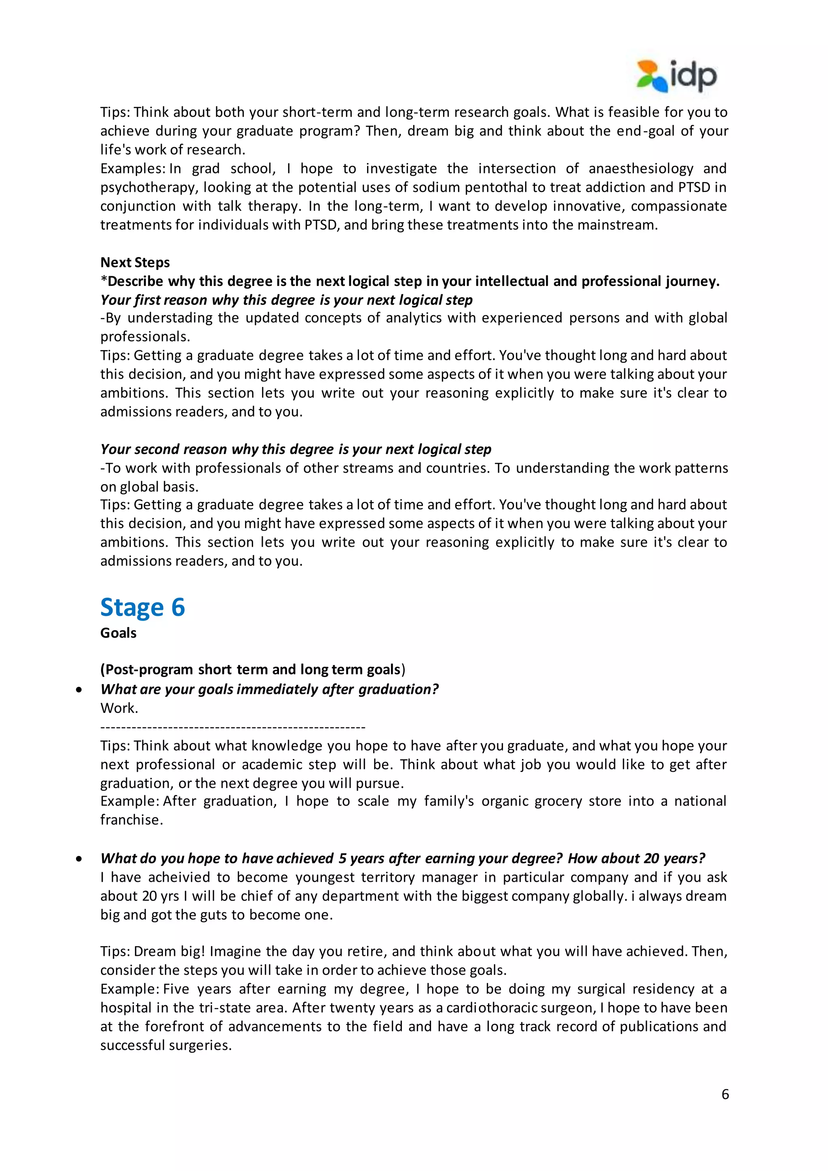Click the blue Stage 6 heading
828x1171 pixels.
142,607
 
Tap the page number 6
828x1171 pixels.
725,1094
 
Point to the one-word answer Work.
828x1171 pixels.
119,708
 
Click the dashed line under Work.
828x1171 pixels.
232,727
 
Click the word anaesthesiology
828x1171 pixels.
641,168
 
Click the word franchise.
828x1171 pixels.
131,820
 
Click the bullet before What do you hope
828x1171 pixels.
78,859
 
